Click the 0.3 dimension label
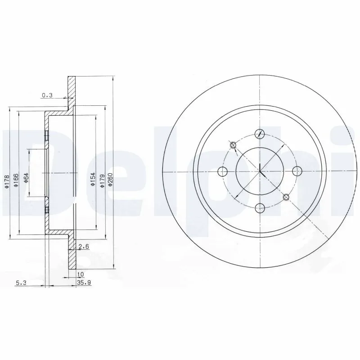pos(47,95)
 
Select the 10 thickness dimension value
pos(81,274)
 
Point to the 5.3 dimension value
pos(21,283)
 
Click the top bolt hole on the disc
pos(260,134)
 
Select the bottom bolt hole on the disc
pos(260,207)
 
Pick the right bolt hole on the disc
pos(297,171)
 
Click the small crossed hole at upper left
pos(233,145)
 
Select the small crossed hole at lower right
pos(286,197)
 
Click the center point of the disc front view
pos(260,171)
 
